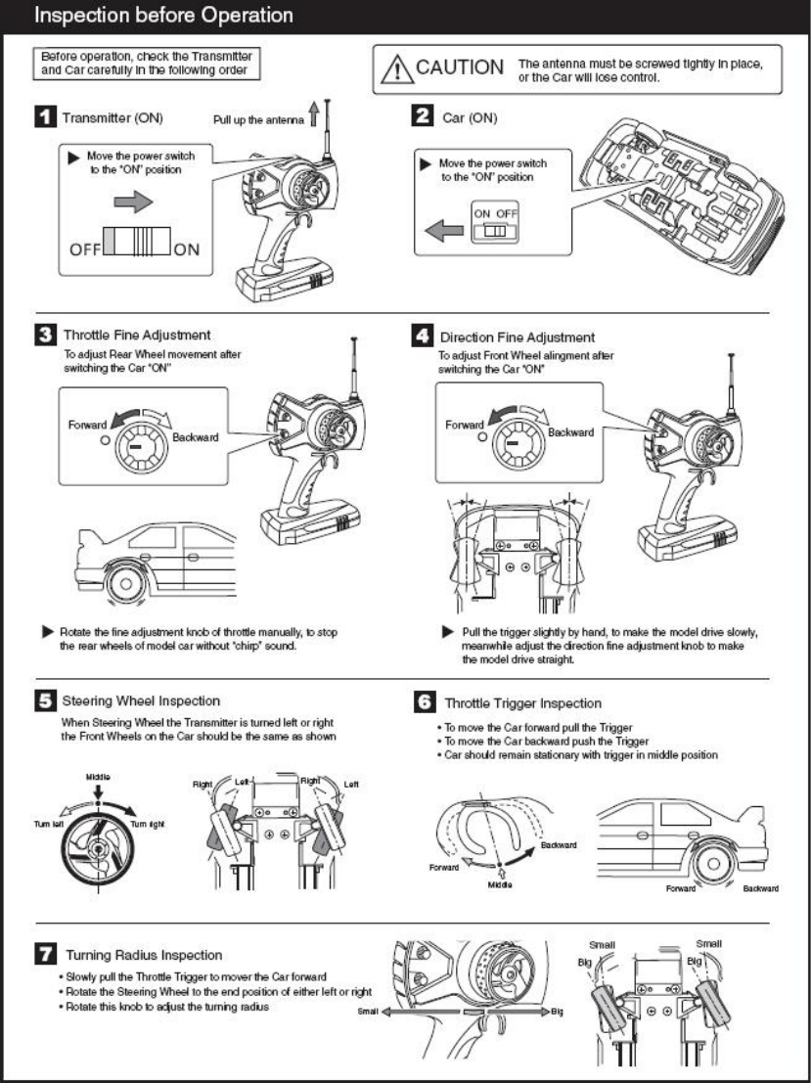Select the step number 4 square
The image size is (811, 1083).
(424, 338)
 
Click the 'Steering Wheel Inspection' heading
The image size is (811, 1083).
(141, 700)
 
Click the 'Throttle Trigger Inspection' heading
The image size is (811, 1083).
(522, 702)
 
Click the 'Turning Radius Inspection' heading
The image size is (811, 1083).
(145, 954)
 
